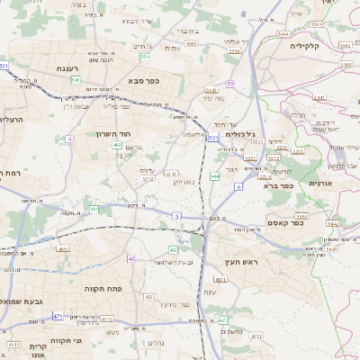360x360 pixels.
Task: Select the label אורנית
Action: (319, 183)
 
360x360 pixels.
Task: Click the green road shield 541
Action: (75, 79)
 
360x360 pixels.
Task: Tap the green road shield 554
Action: (144, 57)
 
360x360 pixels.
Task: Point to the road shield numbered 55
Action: (230, 83)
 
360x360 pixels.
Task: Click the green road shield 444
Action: (215, 176)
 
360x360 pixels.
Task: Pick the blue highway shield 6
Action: (238, 186)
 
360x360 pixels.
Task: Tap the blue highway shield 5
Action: (177, 216)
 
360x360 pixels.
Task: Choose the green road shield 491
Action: (94, 209)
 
